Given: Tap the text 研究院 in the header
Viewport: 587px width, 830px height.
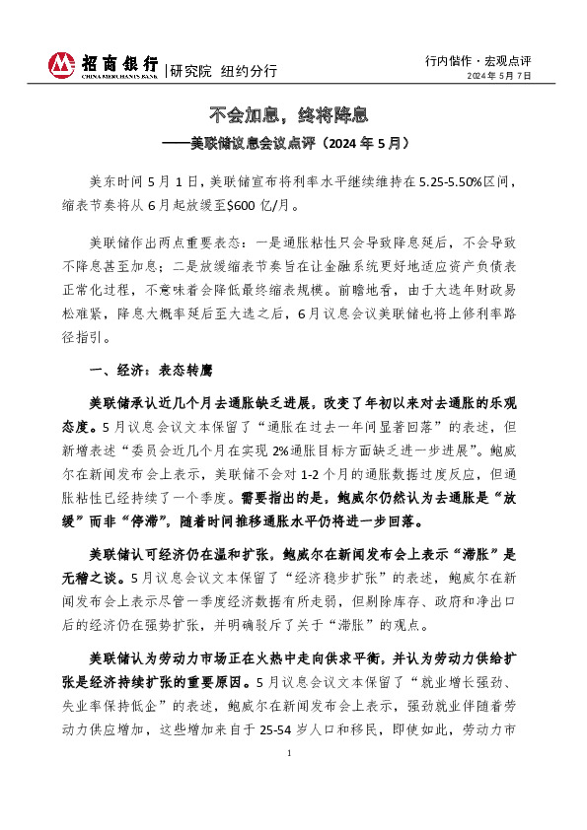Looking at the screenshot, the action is (x=190, y=71).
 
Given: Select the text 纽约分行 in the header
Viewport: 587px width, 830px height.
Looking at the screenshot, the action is (x=248, y=71).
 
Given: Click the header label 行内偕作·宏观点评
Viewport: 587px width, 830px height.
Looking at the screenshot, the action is (x=478, y=59).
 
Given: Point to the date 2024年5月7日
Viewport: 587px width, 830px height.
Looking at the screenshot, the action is (x=499, y=76).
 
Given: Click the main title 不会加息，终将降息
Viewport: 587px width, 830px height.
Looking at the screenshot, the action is (x=293, y=114).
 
